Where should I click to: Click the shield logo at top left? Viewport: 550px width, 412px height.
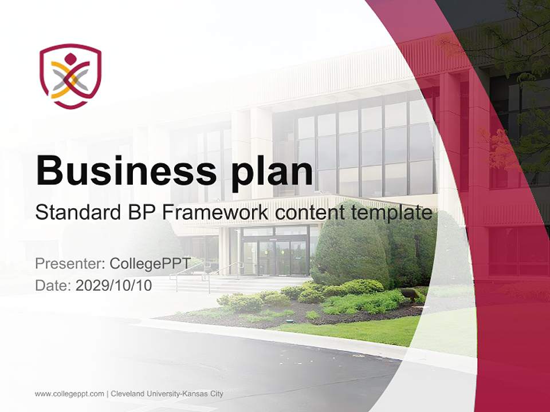[70, 76]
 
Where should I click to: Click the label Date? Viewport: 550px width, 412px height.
[53, 286]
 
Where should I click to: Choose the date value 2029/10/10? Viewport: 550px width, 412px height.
[114, 286]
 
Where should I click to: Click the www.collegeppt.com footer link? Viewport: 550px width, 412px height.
[69, 394]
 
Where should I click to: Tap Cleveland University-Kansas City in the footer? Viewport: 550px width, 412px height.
[167, 394]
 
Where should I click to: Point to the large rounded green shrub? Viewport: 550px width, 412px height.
[349, 246]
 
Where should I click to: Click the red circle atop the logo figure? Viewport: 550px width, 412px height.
[70, 58]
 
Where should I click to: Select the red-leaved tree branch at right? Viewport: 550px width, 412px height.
[493, 143]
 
